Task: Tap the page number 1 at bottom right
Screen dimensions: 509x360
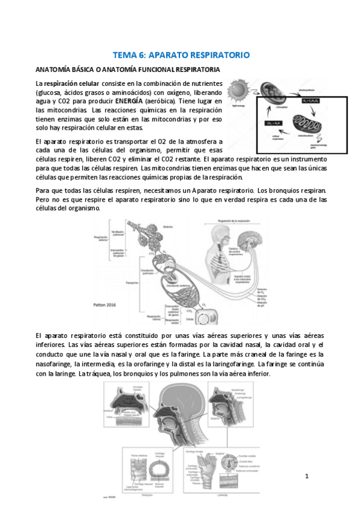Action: (x=307, y=476)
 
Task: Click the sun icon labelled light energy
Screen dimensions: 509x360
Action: (x=242, y=91)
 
